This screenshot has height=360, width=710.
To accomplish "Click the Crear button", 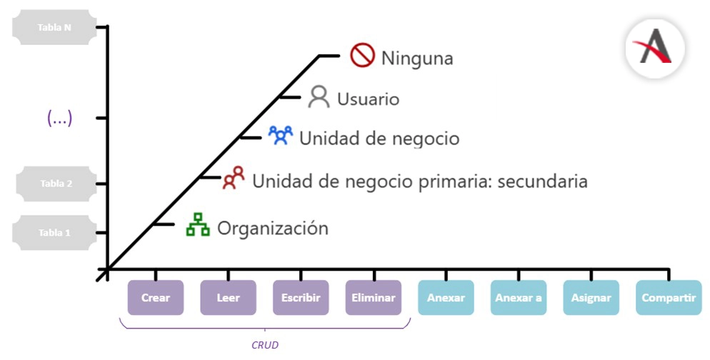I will (x=156, y=298).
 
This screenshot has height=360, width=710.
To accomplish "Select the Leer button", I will (x=229, y=298).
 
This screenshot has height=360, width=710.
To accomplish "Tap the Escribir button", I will (x=301, y=298).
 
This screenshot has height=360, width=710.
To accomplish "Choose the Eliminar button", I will (x=374, y=298).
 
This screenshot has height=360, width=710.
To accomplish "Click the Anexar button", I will (x=446, y=298).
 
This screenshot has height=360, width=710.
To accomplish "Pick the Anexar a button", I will (x=519, y=298).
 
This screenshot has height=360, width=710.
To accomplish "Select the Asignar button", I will (x=591, y=298).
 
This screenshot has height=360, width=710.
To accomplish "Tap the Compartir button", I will (x=669, y=298).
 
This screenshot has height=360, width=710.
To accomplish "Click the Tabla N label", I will (x=55, y=27).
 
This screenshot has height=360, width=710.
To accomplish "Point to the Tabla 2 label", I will (x=56, y=184).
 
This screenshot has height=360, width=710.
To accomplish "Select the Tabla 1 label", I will (x=55, y=233).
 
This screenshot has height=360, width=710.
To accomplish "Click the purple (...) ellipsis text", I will (x=59, y=119).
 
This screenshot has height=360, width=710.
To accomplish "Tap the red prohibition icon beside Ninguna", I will (x=363, y=55).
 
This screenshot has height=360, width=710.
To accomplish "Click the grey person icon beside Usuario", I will (x=319, y=97).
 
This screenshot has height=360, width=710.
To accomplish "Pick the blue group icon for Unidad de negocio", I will (x=281, y=135).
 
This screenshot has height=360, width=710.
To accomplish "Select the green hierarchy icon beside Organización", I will (x=198, y=226).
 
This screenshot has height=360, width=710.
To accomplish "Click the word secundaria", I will (x=542, y=181).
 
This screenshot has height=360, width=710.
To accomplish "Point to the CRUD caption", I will (x=265, y=345).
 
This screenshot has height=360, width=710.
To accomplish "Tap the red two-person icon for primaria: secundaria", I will (x=234, y=178).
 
